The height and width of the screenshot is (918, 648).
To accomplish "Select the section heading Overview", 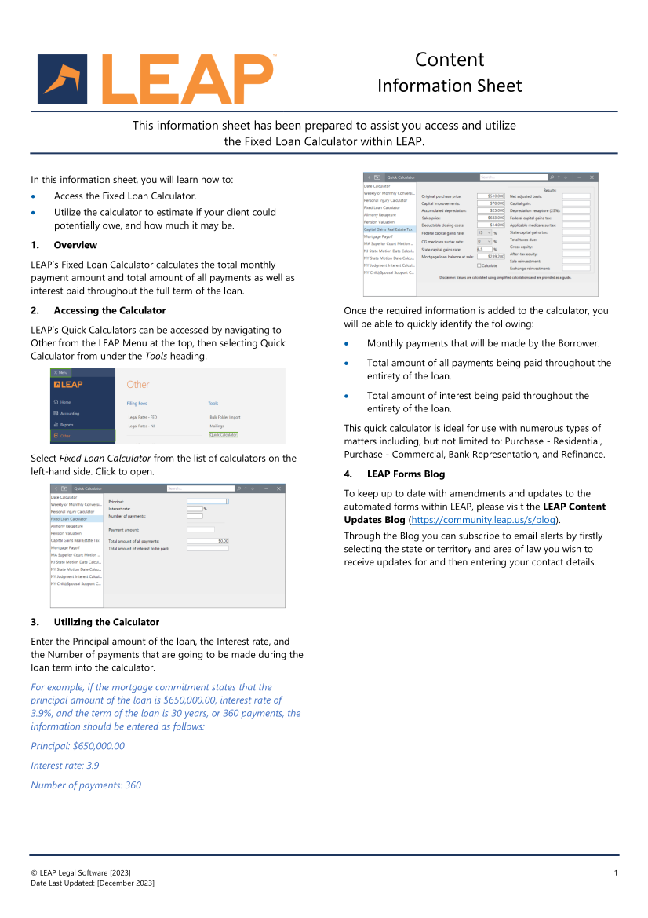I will [x=75, y=245].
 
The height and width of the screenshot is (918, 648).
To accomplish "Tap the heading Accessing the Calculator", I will [x=109, y=310].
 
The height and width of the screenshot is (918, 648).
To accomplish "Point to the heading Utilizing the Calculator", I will [x=106, y=622].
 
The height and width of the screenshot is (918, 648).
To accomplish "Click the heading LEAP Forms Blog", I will [x=406, y=474].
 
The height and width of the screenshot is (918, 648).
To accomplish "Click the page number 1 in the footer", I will [x=616, y=873].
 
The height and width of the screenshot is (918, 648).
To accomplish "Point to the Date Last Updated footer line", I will [x=93, y=883].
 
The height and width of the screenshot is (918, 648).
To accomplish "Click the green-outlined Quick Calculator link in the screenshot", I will [x=224, y=434].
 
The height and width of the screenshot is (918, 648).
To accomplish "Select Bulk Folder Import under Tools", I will [x=224, y=417].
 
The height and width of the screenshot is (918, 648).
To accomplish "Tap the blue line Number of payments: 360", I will [x=86, y=785].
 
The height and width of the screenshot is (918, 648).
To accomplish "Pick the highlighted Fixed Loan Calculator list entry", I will [x=69, y=519].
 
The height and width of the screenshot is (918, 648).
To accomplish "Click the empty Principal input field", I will [x=207, y=501].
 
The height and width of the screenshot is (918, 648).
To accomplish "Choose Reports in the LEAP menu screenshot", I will [x=66, y=424].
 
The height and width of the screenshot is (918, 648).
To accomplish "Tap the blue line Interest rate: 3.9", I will [x=65, y=766].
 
